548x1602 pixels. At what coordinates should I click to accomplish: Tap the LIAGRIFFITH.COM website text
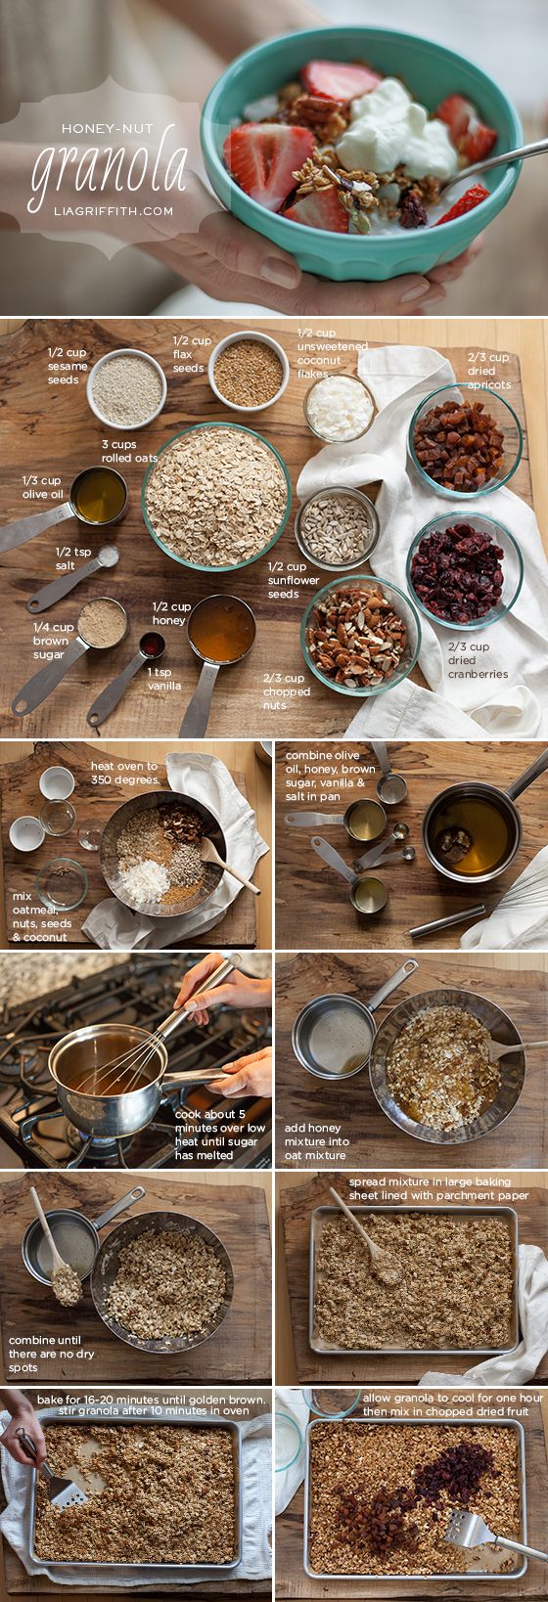114,211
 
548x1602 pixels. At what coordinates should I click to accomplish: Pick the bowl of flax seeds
249,372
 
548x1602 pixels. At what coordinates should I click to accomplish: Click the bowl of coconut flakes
340,408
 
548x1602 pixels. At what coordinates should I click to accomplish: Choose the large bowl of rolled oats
216,496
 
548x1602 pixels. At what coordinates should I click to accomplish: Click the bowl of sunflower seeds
337,528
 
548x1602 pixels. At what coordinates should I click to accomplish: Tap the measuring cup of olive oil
66,507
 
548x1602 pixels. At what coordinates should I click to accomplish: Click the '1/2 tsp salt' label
73,557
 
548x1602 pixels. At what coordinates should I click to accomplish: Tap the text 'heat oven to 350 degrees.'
124,773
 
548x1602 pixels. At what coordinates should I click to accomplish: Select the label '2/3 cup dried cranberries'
478,660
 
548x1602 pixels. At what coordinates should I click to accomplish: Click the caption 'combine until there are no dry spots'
52,1354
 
